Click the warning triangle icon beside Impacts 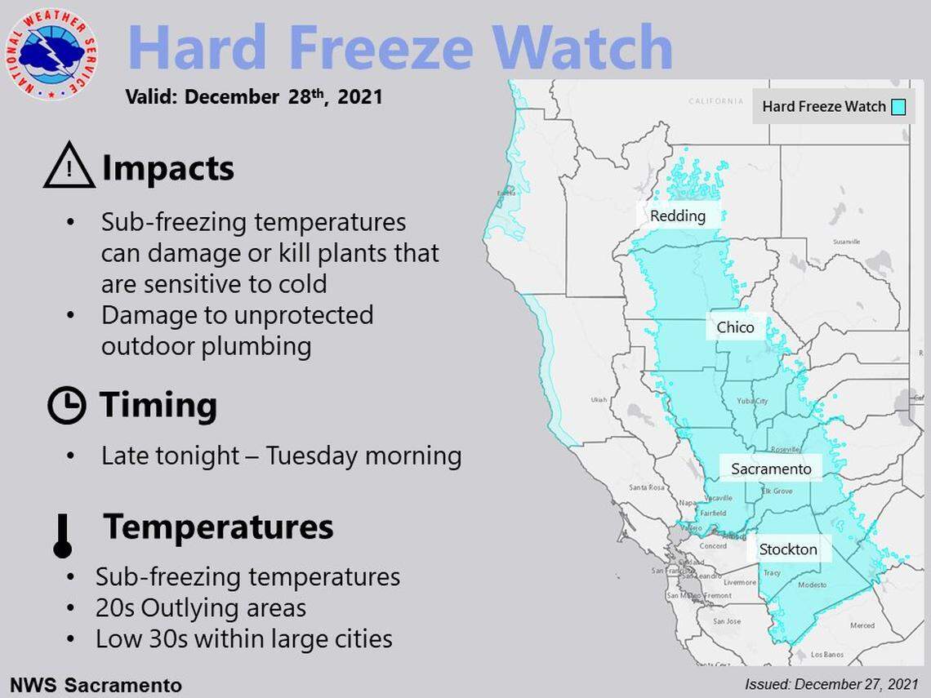pos(69,167)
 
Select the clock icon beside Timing pos(67,405)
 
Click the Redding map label pos(677,216)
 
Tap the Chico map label pos(735,328)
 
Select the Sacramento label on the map pos(771,469)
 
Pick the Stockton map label pos(787,549)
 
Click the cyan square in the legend pos(898,107)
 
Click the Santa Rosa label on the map pos(644,487)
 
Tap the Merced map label pos(862,625)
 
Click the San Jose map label pos(726,621)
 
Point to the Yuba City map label pos(751,402)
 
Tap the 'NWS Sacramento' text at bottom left pos(96,684)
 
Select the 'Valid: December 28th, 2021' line pos(254,97)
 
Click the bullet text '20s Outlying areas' pos(200,608)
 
